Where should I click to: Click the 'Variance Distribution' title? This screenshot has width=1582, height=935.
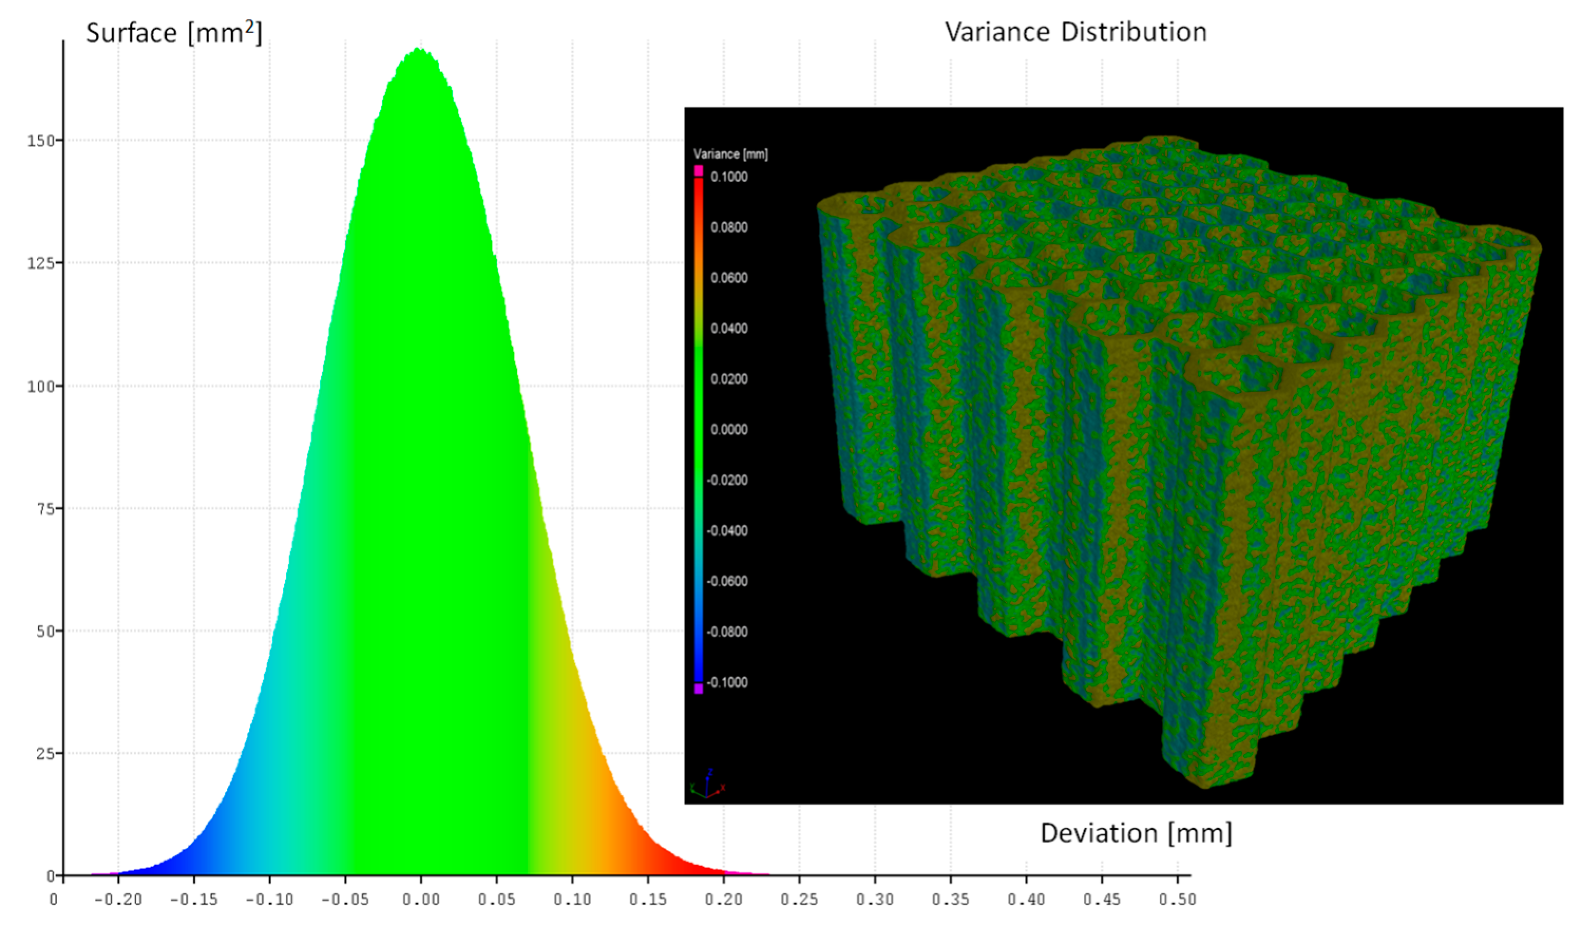[1075, 32]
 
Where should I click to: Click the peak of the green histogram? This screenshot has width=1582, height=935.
[418, 51]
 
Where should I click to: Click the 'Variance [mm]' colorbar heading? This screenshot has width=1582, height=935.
[731, 154]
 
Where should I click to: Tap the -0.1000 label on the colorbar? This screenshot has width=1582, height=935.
[727, 682]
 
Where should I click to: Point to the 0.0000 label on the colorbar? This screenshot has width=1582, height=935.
[729, 430]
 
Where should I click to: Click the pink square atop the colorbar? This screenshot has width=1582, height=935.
[699, 170]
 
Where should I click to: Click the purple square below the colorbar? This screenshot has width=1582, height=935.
[699, 689]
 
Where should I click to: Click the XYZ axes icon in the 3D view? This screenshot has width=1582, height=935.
[708, 785]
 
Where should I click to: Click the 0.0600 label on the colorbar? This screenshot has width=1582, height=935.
[729, 278]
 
